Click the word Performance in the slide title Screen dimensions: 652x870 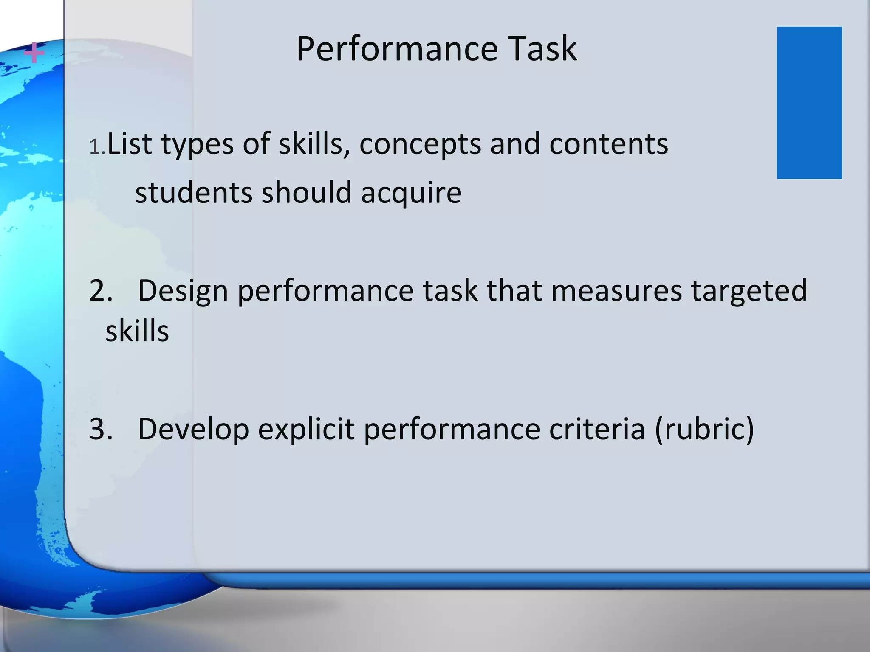coord(397,49)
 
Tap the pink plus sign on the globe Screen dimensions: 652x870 coord(34,53)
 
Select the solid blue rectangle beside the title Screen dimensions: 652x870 coord(809,103)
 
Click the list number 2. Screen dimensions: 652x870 coord(101,291)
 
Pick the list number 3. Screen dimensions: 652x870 coord(101,429)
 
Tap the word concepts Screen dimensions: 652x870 coord(420,144)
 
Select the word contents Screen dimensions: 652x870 coord(608,143)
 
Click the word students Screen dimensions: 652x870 coord(194,192)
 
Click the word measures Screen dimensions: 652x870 coord(616,291)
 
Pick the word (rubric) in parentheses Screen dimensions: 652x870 coord(704,429)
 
